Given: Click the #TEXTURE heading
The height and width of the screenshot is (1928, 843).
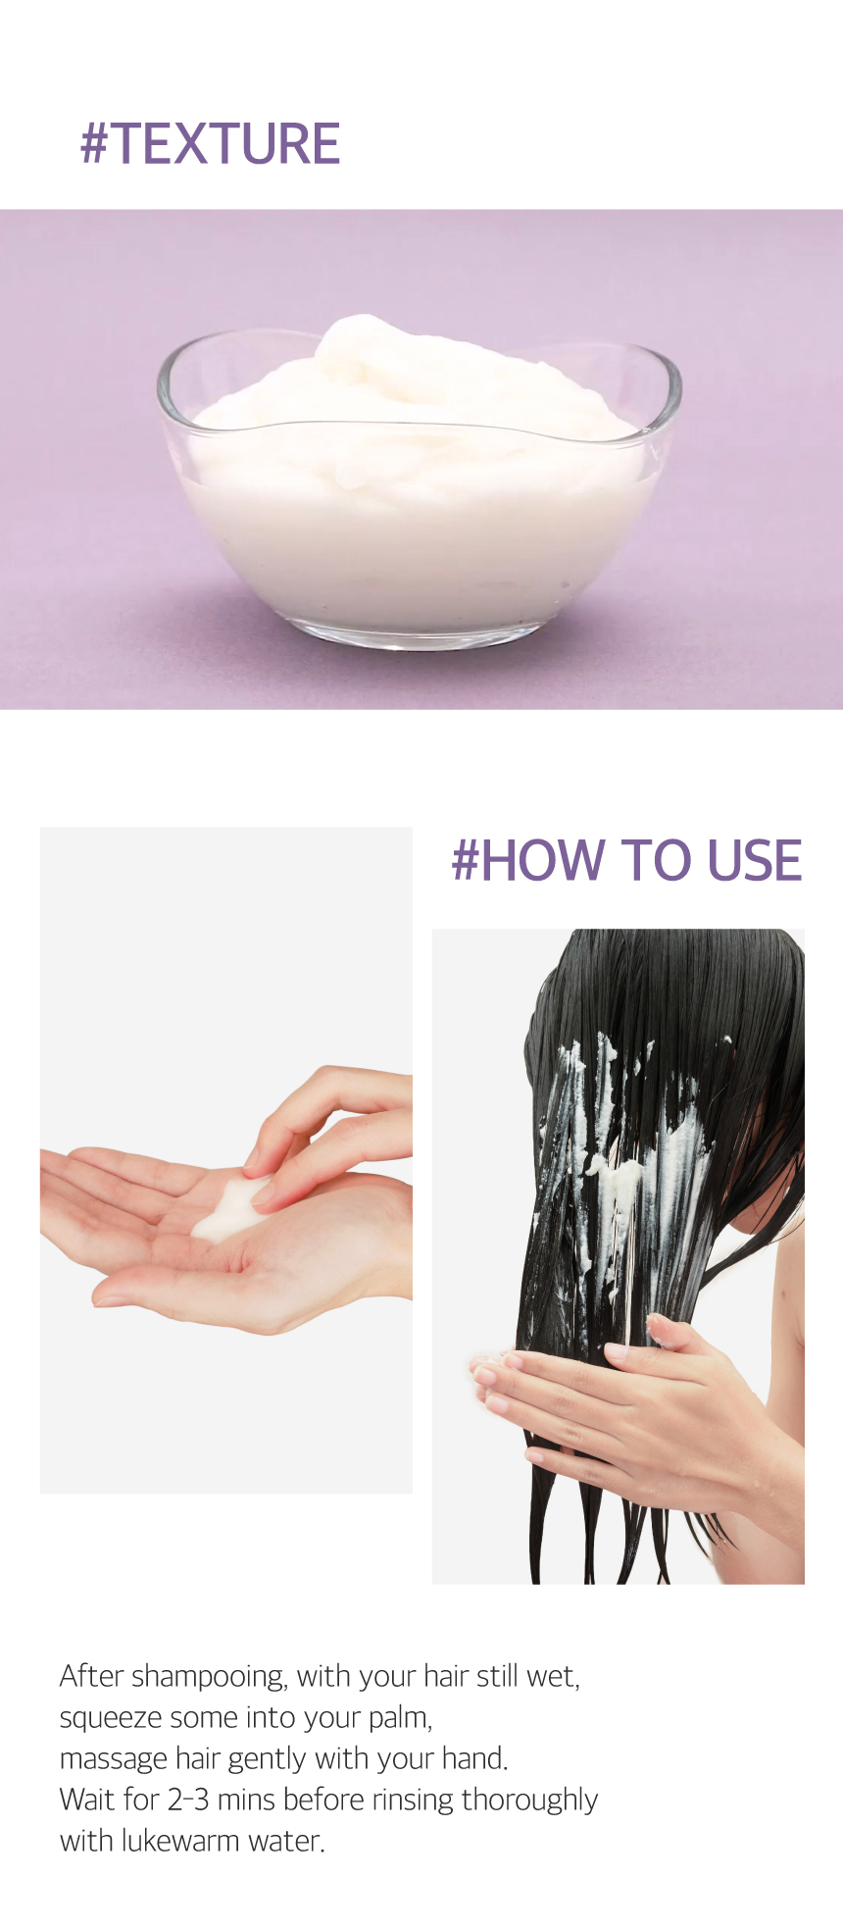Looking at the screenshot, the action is [x=210, y=143].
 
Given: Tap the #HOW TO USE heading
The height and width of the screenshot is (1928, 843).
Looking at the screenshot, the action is [x=626, y=860].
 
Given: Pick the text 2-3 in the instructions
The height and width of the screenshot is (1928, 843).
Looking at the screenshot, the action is [x=188, y=1801].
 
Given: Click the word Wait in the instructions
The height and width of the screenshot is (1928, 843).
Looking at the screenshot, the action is [x=86, y=1801].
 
